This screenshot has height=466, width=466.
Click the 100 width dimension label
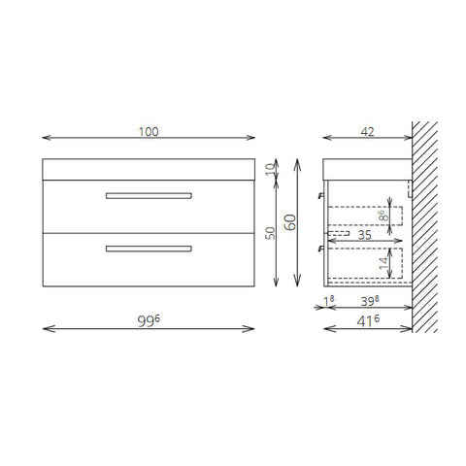tap(149, 132)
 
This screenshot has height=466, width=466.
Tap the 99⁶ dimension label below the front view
tap(149, 320)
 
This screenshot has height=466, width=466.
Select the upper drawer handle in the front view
tap(149, 196)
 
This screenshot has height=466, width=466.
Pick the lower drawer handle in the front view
tap(149, 249)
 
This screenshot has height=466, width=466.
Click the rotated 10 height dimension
tap(270, 170)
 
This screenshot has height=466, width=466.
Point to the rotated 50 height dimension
tap(270, 233)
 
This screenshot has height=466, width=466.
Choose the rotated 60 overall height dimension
tap(290, 222)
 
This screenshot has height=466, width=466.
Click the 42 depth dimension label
tap(367, 132)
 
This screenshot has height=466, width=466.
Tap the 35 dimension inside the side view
tap(365, 235)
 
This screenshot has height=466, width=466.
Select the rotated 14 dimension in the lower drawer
tap(383, 263)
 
